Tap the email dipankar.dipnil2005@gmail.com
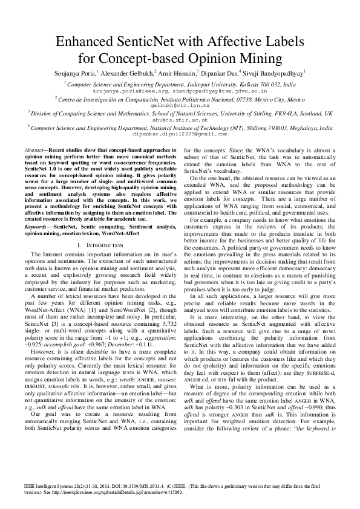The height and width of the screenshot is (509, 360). (180, 134)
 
